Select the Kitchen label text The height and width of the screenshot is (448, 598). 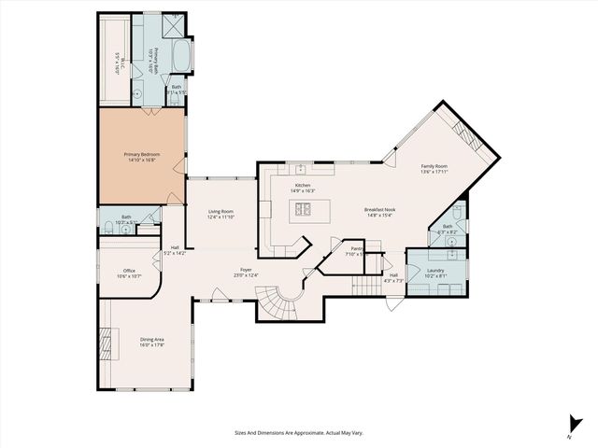click(303, 185)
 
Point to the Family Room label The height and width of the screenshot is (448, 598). click(434, 165)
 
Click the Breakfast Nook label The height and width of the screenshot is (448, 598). click(379, 210)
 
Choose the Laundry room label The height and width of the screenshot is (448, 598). click(434, 271)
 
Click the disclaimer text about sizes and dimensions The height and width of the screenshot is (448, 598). click(298, 432)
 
